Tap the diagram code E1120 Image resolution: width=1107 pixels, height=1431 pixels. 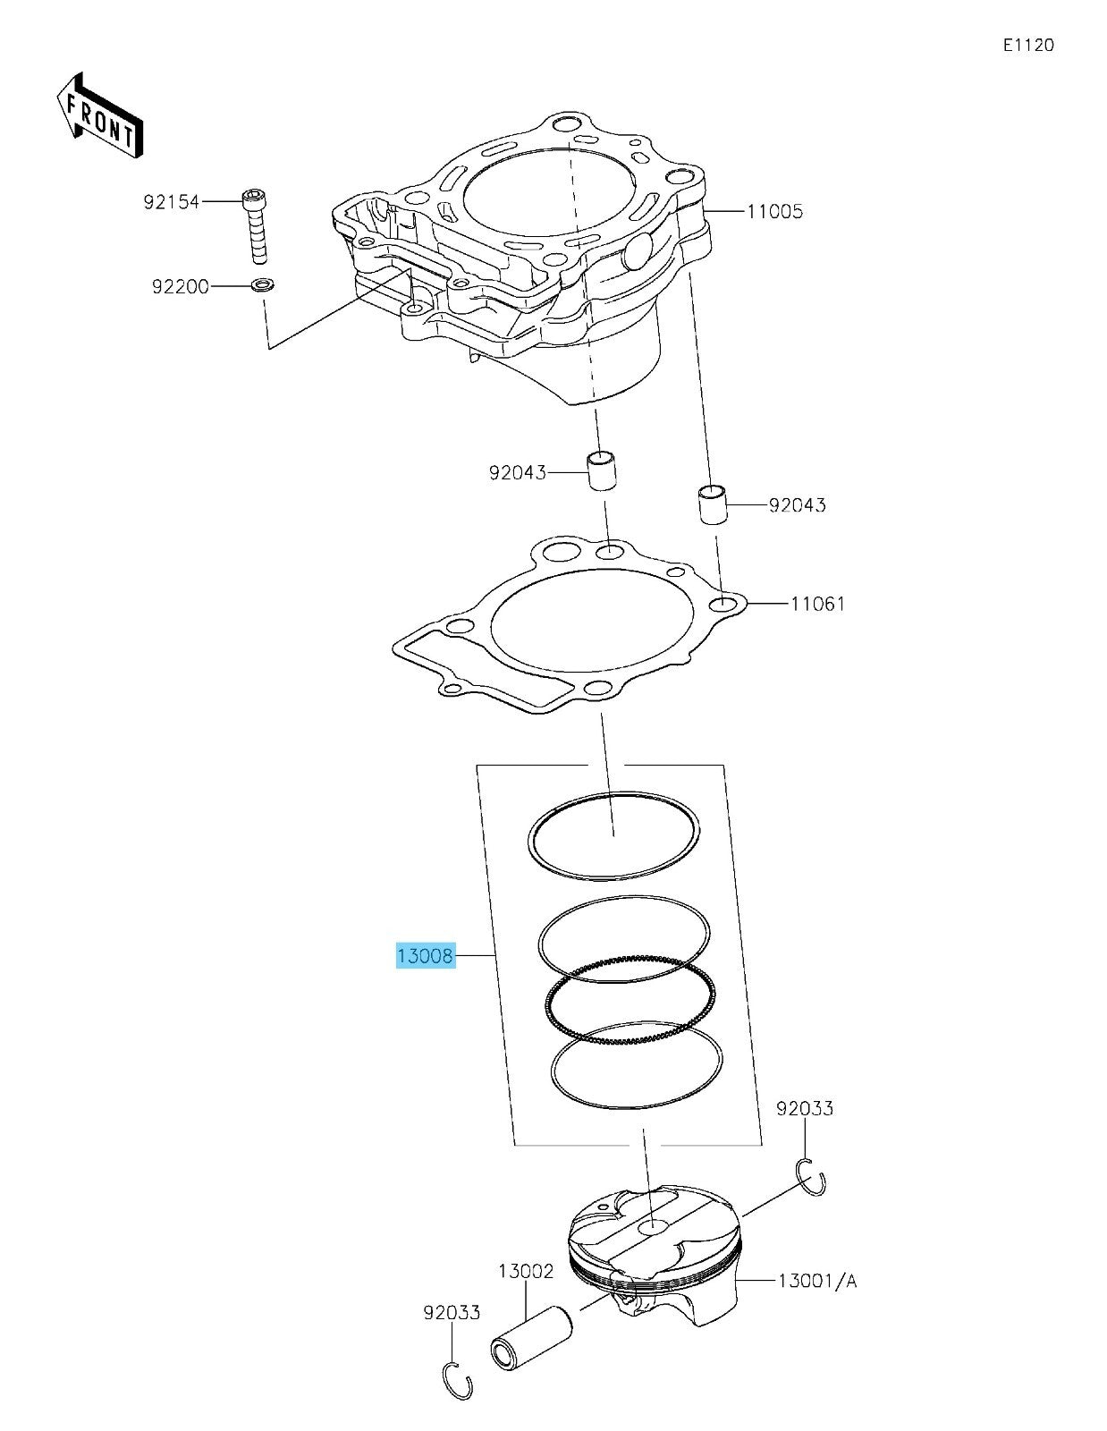[1027, 46]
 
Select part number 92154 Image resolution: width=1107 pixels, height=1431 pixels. [171, 203]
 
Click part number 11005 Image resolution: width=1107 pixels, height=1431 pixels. [774, 212]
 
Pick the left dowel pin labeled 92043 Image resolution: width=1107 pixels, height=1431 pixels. [603, 471]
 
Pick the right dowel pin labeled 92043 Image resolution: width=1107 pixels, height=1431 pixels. [713, 505]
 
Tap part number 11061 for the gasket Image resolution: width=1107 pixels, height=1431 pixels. [817, 604]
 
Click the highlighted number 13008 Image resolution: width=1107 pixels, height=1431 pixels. [426, 956]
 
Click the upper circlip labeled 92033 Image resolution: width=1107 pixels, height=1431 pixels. [811, 1176]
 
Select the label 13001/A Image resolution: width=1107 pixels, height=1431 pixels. [816, 1282]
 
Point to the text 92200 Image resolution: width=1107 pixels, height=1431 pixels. [180, 287]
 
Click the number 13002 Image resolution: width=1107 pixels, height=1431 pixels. [526, 1271]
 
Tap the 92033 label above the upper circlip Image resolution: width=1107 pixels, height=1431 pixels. [804, 1109]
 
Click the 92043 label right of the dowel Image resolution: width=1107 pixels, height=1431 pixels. [797, 505]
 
